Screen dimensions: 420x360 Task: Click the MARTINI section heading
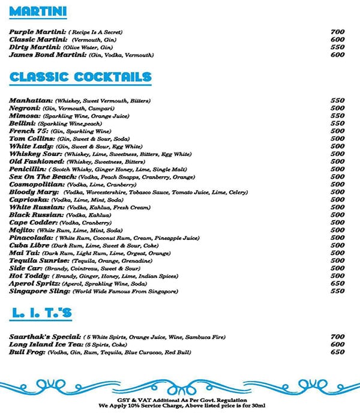pos(38,13)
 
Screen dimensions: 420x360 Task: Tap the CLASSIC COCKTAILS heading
pos(80,77)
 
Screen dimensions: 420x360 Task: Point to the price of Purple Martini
pos(337,32)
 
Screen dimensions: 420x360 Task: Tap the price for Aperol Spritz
pos(337,284)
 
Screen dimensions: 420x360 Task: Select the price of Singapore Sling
pos(337,292)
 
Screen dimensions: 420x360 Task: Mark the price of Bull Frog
pos(337,353)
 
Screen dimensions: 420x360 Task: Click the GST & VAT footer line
pos(180,400)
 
